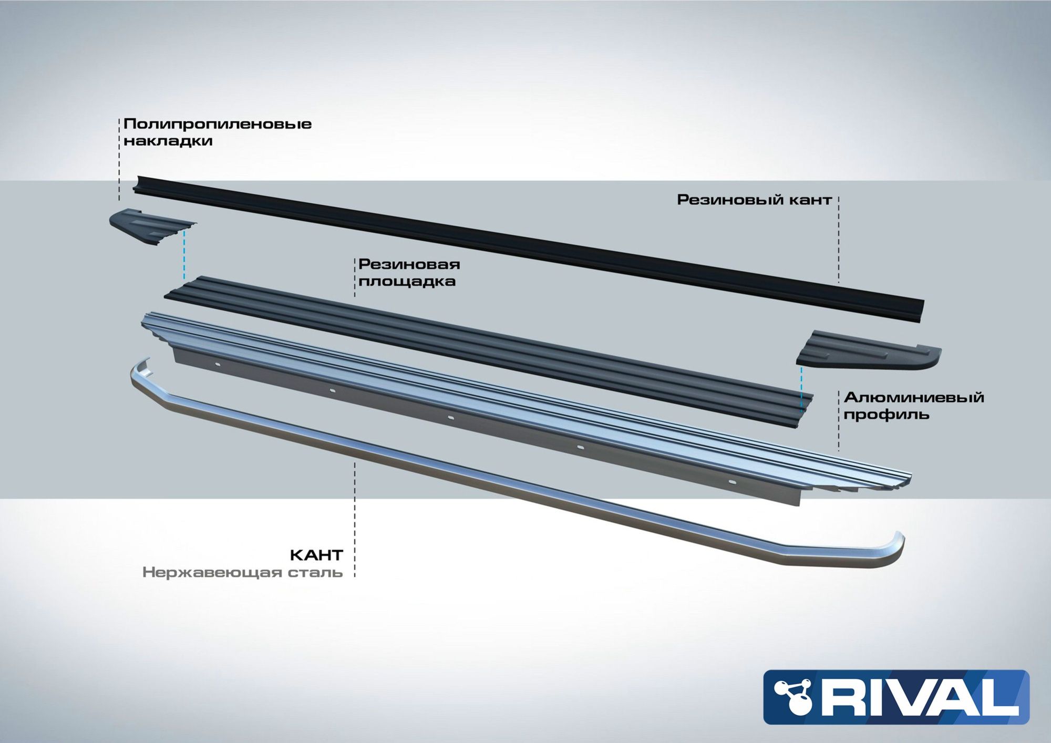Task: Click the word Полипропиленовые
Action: (x=218, y=125)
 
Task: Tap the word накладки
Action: (x=168, y=141)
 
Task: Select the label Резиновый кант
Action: (x=754, y=200)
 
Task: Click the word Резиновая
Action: (x=409, y=264)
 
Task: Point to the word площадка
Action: (x=407, y=282)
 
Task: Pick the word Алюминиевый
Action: (x=914, y=397)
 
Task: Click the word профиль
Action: (x=887, y=415)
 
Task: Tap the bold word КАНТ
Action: (x=316, y=555)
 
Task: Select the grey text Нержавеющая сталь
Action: (x=242, y=572)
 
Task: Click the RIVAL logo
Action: (x=896, y=697)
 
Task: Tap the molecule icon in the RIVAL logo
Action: (x=794, y=697)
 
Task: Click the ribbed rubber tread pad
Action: (x=489, y=349)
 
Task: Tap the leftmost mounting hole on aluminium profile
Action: (x=218, y=364)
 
